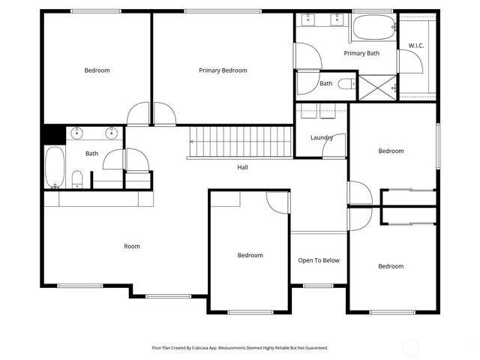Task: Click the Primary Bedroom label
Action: pos(223,70)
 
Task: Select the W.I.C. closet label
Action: pos(416,46)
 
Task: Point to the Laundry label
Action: pos(321,138)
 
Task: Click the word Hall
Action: pos(242,167)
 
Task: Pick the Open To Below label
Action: pos(319,261)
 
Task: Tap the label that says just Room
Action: pos(132,246)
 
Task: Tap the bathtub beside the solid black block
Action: pos(54,166)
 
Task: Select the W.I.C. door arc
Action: pos(408,61)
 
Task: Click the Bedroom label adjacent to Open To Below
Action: pos(250,255)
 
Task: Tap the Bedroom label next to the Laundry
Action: pos(391,151)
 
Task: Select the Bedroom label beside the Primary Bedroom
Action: pos(97,70)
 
